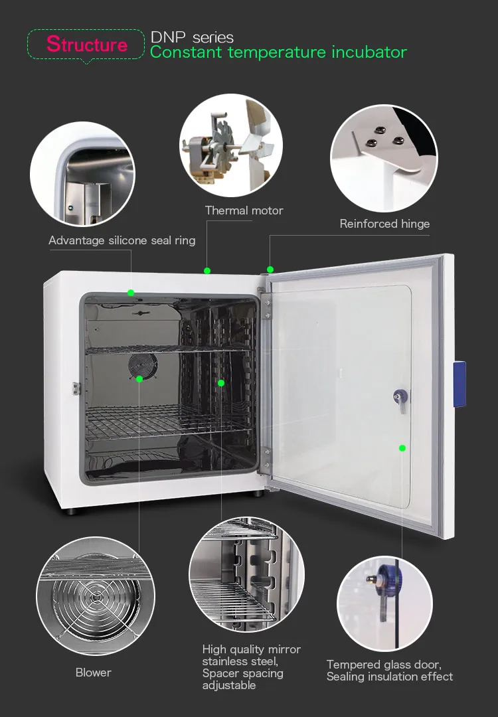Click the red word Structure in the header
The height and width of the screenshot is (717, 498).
(86, 44)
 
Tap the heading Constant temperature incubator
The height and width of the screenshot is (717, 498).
(278, 52)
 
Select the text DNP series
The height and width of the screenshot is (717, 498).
(192, 37)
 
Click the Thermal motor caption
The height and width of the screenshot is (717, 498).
(244, 210)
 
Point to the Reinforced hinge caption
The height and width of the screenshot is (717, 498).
(384, 224)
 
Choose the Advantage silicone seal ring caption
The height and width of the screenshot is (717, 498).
(122, 240)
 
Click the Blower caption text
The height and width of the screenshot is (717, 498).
(94, 673)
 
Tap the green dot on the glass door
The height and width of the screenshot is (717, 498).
(402, 448)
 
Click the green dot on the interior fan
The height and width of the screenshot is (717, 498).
(139, 379)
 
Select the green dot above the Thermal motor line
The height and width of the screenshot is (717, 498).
(207, 270)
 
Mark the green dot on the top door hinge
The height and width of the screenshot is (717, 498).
(270, 269)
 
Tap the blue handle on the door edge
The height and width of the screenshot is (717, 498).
(459, 384)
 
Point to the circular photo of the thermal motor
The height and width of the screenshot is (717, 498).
(231, 145)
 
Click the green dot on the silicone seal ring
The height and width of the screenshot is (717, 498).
(131, 292)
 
